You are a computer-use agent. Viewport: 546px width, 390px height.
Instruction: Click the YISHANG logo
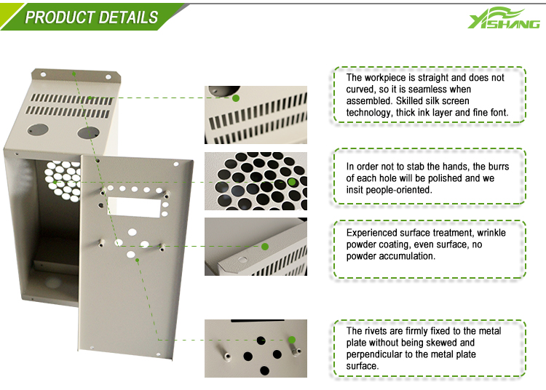[504, 18]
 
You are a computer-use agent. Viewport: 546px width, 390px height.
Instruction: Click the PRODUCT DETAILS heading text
[92, 17]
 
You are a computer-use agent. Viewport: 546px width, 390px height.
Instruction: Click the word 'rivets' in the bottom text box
[378, 331]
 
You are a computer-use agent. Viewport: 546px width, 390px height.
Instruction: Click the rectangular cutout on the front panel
[135, 207]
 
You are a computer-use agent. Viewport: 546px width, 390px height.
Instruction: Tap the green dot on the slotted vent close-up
[236, 98]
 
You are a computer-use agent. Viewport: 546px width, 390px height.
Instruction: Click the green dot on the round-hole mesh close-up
[292, 182]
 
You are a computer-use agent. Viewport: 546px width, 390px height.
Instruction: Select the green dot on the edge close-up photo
[265, 247]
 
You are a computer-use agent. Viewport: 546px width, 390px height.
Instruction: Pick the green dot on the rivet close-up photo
[292, 340]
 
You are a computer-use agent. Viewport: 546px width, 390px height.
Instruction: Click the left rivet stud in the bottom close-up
[226, 356]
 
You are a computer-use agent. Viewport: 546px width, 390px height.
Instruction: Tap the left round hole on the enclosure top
[39, 130]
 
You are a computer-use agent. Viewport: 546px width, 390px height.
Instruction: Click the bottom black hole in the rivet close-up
[265, 370]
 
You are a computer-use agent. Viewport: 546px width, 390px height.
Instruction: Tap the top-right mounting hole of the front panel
[176, 164]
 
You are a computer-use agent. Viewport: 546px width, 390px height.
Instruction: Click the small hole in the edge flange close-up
[242, 259]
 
